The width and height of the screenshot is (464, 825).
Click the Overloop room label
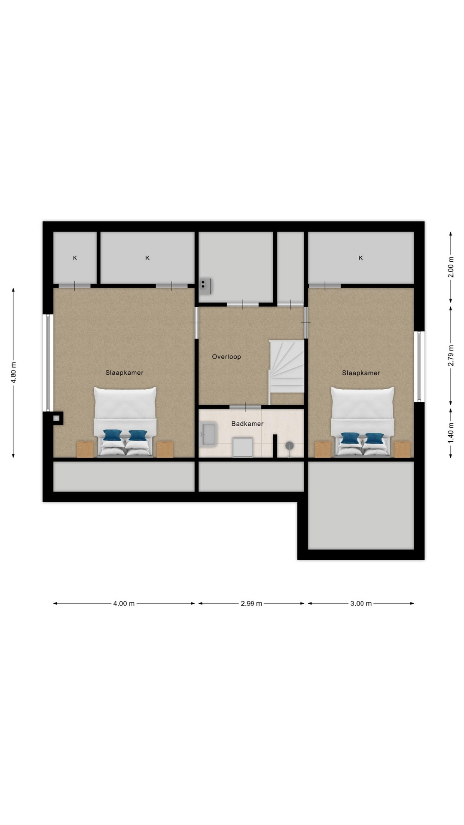(226, 357)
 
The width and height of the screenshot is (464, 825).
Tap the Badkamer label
(247, 424)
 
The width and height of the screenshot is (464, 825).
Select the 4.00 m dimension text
(124, 603)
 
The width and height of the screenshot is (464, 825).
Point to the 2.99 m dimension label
(251, 603)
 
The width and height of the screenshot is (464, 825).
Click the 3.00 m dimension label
(361, 603)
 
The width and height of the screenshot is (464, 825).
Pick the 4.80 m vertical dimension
(13, 372)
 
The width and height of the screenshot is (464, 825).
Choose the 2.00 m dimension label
(451, 267)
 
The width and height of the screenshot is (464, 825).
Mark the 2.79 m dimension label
(451, 356)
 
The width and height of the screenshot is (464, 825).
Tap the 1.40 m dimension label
(451, 433)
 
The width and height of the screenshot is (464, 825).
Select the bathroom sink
(209, 434)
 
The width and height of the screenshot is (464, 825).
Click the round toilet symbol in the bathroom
(290, 446)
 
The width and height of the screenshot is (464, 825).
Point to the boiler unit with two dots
(206, 286)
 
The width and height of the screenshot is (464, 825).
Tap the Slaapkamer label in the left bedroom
(124, 373)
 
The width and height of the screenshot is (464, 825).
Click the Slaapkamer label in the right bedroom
(361, 373)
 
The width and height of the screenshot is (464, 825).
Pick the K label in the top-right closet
(361, 258)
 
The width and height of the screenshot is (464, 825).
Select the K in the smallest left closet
(75, 258)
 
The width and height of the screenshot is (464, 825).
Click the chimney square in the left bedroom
(56, 418)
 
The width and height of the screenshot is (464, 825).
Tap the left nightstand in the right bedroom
(323, 449)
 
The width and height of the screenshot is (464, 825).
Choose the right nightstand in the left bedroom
(165, 449)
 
